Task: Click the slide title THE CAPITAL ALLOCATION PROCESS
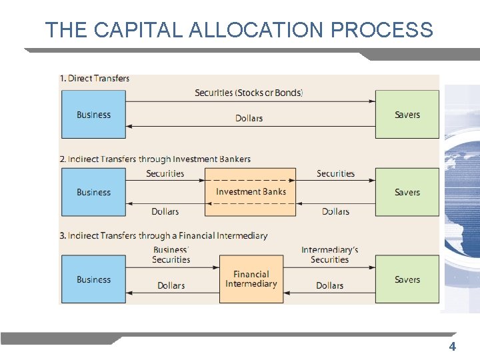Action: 239,30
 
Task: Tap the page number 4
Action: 452,346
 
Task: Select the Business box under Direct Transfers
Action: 93,115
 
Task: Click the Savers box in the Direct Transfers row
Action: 407,115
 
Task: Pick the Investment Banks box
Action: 251,192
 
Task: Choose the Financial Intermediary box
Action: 251,279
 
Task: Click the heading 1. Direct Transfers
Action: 95,79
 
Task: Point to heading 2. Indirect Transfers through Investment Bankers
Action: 155,159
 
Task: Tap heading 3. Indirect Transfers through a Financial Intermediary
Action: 163,236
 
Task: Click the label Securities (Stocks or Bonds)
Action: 249,93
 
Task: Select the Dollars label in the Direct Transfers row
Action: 249,119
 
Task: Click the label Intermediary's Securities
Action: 329,255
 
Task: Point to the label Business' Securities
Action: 171,255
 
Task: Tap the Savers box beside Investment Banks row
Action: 407,192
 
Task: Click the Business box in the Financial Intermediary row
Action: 93,279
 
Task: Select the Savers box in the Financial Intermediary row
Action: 407,279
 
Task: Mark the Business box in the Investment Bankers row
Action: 93,192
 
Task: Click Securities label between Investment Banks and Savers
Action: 335,174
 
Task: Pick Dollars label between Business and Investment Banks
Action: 165,212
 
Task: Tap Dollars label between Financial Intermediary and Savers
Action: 329,286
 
